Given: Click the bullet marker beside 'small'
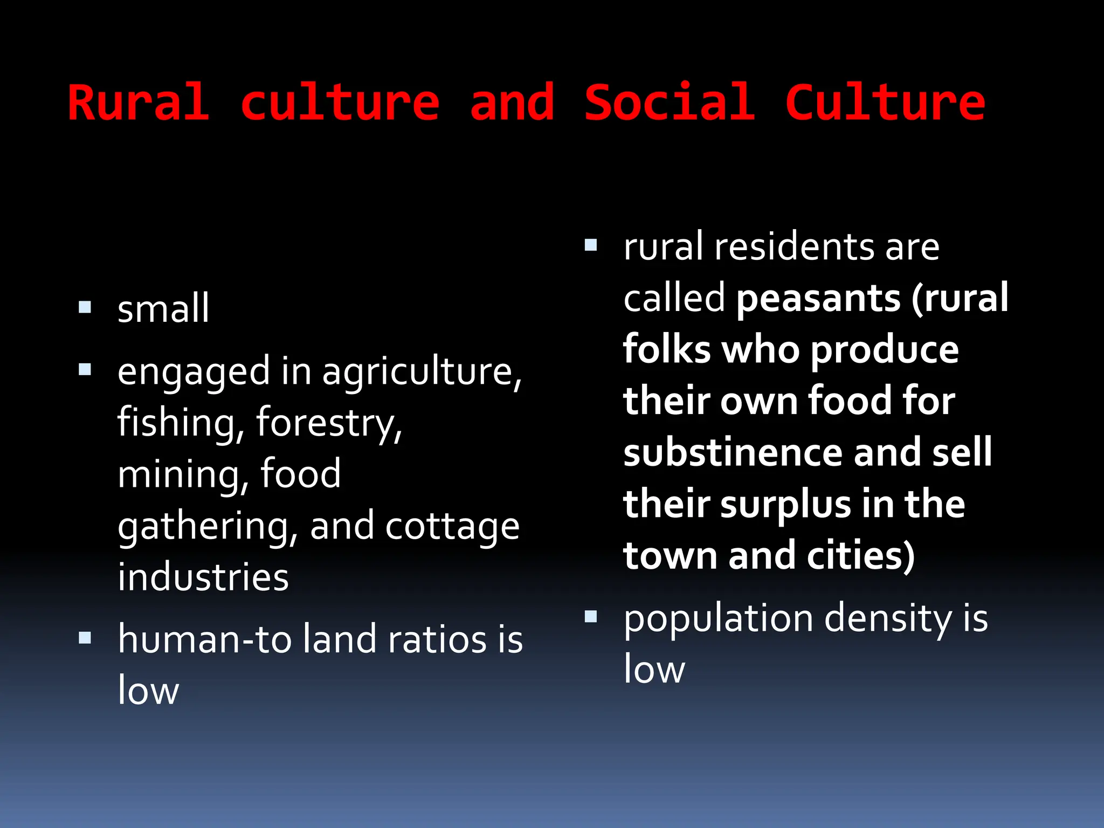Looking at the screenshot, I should click(85, 307).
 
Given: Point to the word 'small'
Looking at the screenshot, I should click(163, 308).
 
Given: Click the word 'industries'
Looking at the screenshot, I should click(203, 577).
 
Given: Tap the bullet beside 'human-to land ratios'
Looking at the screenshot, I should click(85, 638).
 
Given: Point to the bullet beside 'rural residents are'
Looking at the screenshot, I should click(591, 245).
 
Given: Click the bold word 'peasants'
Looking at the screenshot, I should click(818, 299).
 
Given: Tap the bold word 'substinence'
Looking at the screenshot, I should click(733, 453).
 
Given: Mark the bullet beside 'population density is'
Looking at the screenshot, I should click(591, 616).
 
